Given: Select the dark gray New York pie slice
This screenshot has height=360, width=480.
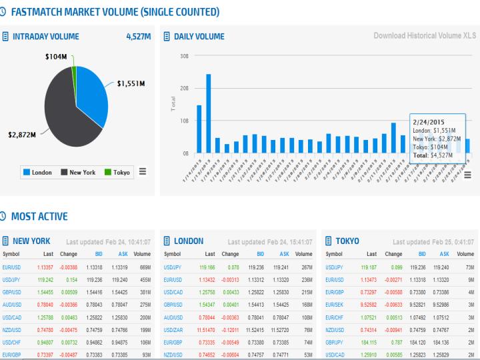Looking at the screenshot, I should click(x=60, y=113).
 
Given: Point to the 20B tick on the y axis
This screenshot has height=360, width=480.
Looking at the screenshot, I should click(x=184, y=87).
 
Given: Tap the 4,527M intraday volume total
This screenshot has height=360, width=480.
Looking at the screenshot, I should click(x=138, y=36).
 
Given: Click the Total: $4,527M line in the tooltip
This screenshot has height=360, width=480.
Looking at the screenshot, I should click(x=432, y=155).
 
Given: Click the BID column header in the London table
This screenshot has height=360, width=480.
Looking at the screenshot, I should click(x=261, y=254).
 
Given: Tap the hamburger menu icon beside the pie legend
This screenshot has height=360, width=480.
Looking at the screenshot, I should click(x=142, y=172).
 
